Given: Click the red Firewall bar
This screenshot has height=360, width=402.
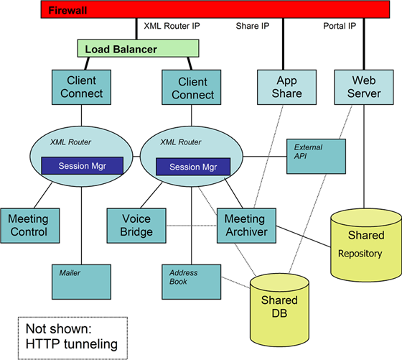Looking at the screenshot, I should click(201, 10).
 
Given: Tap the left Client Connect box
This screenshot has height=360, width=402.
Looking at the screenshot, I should click(82, 87).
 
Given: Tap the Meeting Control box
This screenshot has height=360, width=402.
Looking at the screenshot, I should click(29, 225).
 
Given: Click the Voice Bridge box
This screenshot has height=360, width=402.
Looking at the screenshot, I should click(136, 225).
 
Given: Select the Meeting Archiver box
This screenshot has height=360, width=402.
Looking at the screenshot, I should click(246, 225).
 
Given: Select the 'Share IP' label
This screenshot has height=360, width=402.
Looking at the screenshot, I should click(252, 27).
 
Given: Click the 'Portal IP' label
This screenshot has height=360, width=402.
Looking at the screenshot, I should click(340, 27).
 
